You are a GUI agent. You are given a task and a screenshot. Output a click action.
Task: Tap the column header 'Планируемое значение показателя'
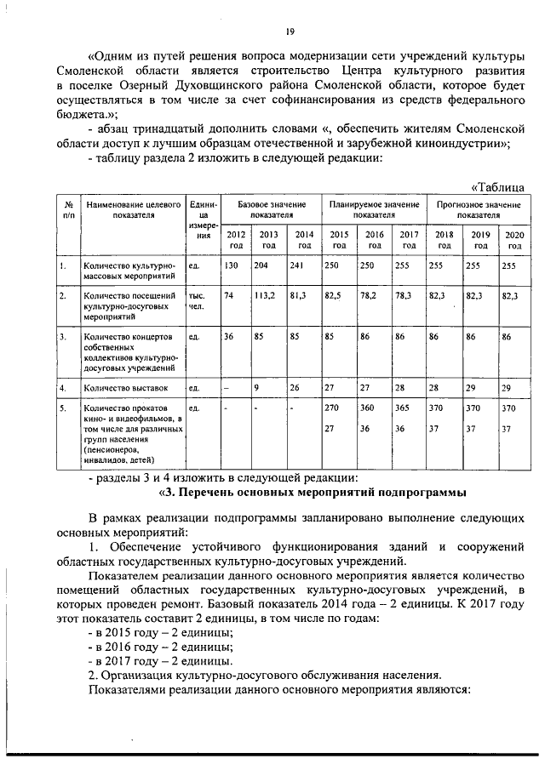374,210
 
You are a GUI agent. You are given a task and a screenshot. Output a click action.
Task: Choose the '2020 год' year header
513,239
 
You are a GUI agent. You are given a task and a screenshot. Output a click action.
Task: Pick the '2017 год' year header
409,239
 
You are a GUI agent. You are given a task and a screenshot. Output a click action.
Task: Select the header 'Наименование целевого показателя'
133,210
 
